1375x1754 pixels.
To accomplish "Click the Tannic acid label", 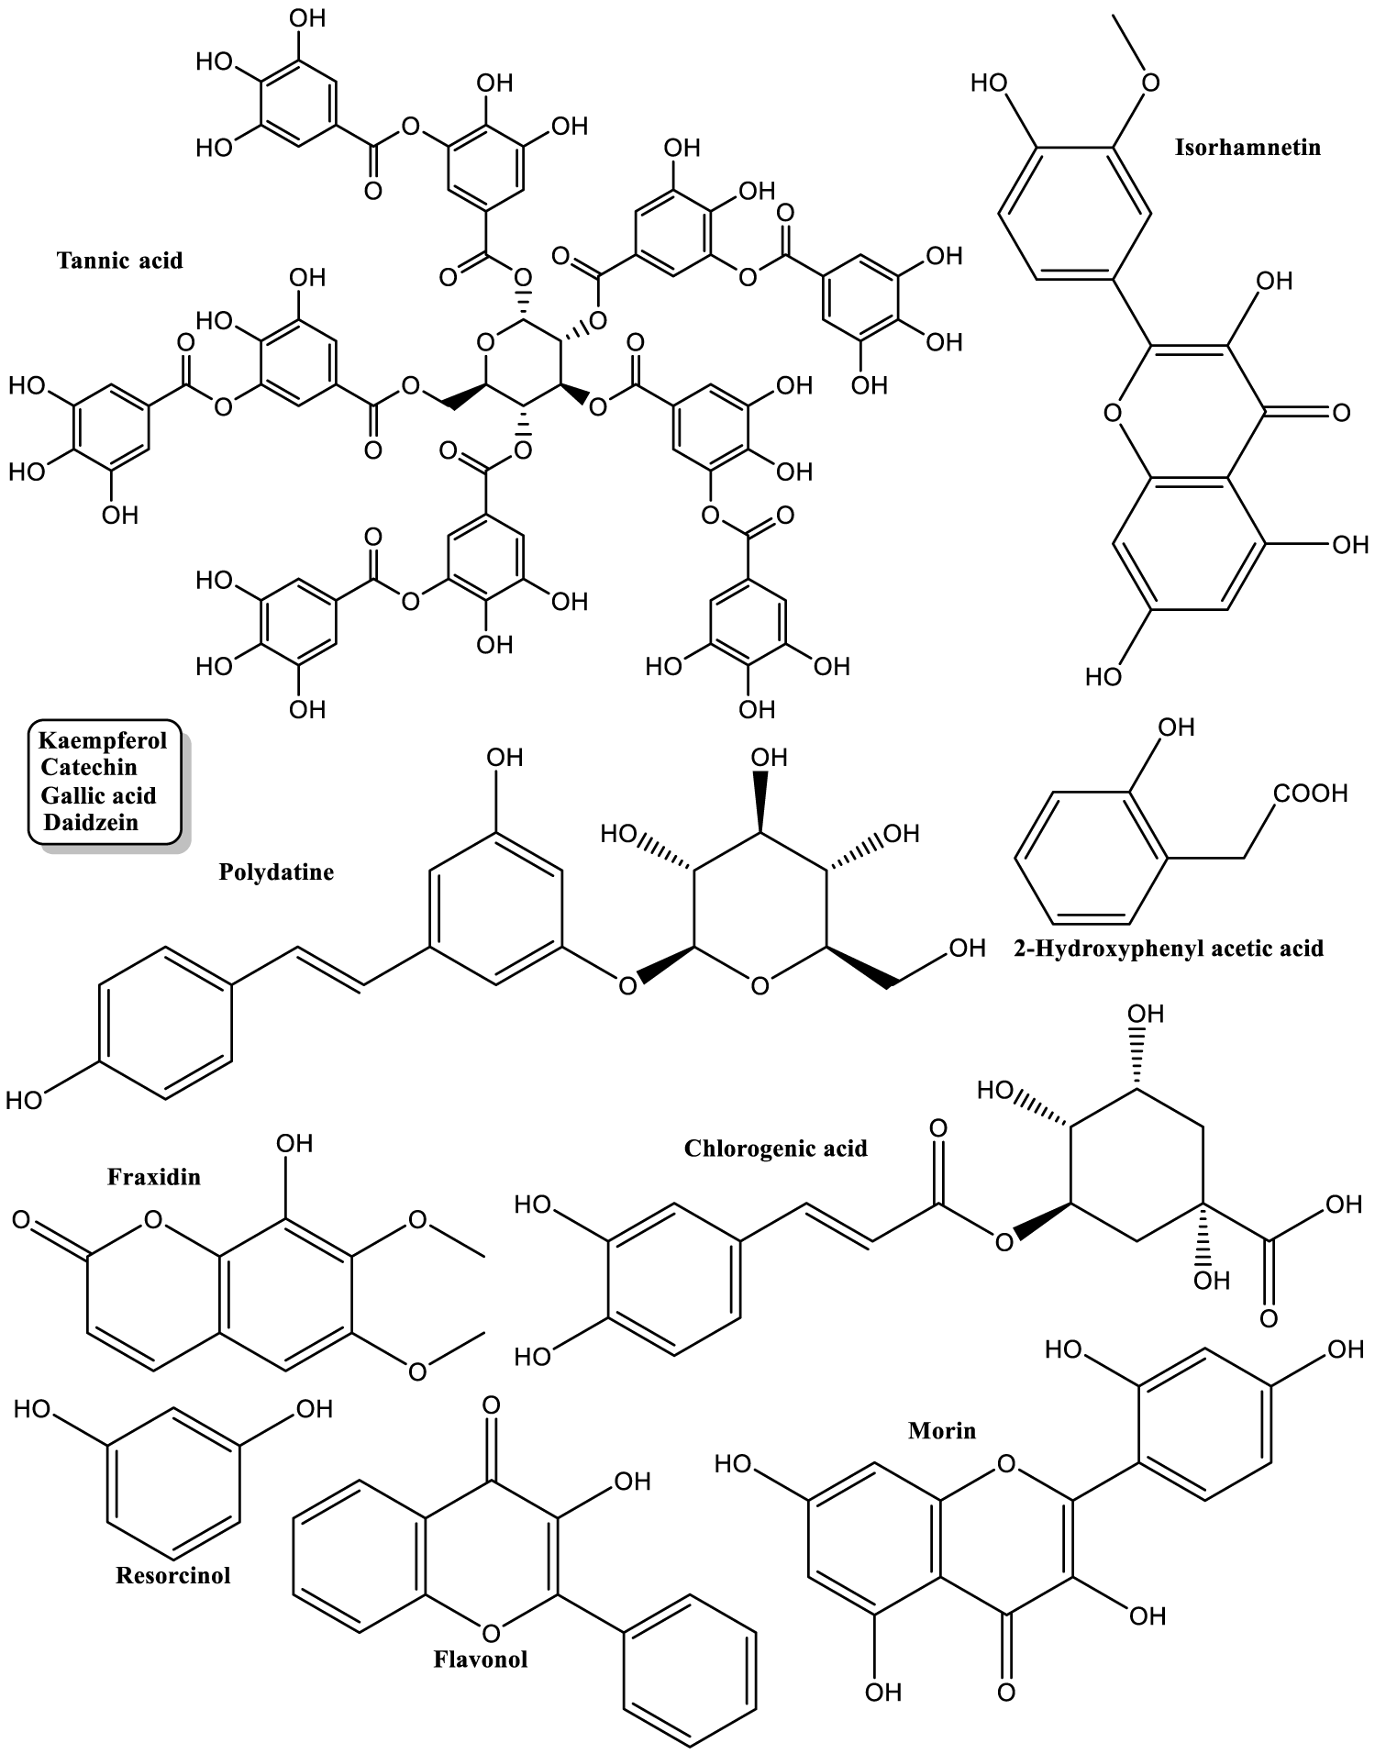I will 119,261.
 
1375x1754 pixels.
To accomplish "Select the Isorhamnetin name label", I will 1247,147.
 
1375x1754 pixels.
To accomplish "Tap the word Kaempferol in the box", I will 103,740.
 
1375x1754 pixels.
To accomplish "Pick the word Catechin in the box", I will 89,767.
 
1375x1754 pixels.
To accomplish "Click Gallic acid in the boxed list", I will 98,795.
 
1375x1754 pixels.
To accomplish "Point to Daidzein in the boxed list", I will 91,822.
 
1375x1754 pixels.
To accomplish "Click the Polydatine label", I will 276,871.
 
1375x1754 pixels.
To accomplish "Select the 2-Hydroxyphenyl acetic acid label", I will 1169,948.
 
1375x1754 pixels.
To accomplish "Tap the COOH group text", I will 1310,793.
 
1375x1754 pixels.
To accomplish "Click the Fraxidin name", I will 153,1176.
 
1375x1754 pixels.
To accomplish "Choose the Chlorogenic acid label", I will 775,1149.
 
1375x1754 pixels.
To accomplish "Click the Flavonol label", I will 481,1659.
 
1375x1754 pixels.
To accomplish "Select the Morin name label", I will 942,1430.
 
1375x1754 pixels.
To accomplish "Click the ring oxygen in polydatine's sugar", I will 760,986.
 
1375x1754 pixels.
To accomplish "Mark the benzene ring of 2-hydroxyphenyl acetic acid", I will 1092,857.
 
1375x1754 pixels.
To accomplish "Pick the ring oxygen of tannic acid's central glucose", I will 486,343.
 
